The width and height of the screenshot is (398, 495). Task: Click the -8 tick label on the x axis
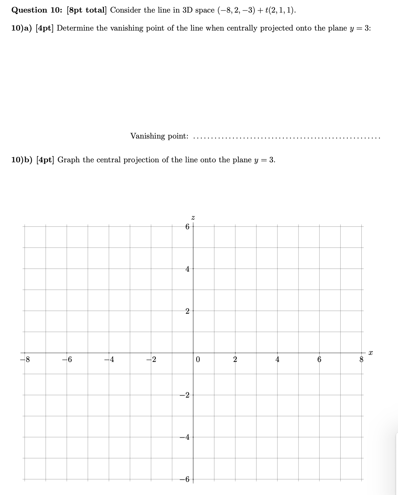25,359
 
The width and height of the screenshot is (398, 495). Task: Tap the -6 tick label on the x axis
67,359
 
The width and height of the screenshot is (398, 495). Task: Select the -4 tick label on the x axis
109,359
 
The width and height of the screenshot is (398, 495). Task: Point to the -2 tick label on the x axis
151,359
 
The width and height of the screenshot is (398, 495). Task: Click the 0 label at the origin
198,359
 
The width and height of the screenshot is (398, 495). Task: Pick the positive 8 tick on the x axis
361,359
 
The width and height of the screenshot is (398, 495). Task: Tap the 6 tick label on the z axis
187,227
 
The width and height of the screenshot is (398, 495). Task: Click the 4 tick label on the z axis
187,269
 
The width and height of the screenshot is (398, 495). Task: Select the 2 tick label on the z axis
187,311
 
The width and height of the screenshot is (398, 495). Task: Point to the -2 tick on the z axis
185,395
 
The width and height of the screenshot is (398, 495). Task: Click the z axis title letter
193,216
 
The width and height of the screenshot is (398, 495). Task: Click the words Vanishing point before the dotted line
159,136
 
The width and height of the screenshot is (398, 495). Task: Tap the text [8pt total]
87,10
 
